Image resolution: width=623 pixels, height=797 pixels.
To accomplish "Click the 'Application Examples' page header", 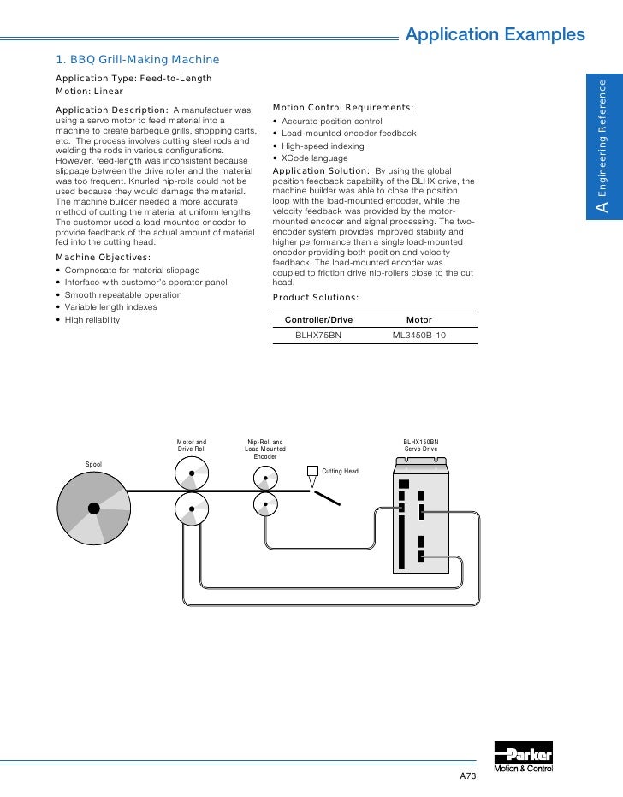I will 495,35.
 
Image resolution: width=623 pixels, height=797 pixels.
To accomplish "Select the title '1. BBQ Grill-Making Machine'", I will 138,59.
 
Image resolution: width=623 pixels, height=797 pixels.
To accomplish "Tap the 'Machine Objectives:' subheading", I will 103,258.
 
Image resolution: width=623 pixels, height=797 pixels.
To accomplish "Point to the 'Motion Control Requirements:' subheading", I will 342,108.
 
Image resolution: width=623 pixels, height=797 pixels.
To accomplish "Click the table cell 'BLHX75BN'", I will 318,336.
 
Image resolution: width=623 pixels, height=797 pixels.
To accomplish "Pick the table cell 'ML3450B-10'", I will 419,336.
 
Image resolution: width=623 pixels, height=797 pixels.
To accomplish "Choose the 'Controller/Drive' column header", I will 318,319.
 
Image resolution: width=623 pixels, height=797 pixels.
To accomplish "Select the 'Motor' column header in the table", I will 419,319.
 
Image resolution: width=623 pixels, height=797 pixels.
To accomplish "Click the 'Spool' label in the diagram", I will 93,464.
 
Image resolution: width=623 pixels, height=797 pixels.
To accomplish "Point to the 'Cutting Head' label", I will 340,472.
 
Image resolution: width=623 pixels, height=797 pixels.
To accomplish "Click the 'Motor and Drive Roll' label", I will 192,445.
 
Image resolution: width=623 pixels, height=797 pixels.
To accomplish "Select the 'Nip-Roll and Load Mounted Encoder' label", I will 265,449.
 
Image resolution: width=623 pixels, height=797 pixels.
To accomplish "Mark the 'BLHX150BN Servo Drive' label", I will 420,445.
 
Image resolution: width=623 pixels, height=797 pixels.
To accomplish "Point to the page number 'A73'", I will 467,776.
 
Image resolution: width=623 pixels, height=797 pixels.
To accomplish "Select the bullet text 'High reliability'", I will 92,320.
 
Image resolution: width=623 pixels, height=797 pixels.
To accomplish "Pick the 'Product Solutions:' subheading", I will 316,298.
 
